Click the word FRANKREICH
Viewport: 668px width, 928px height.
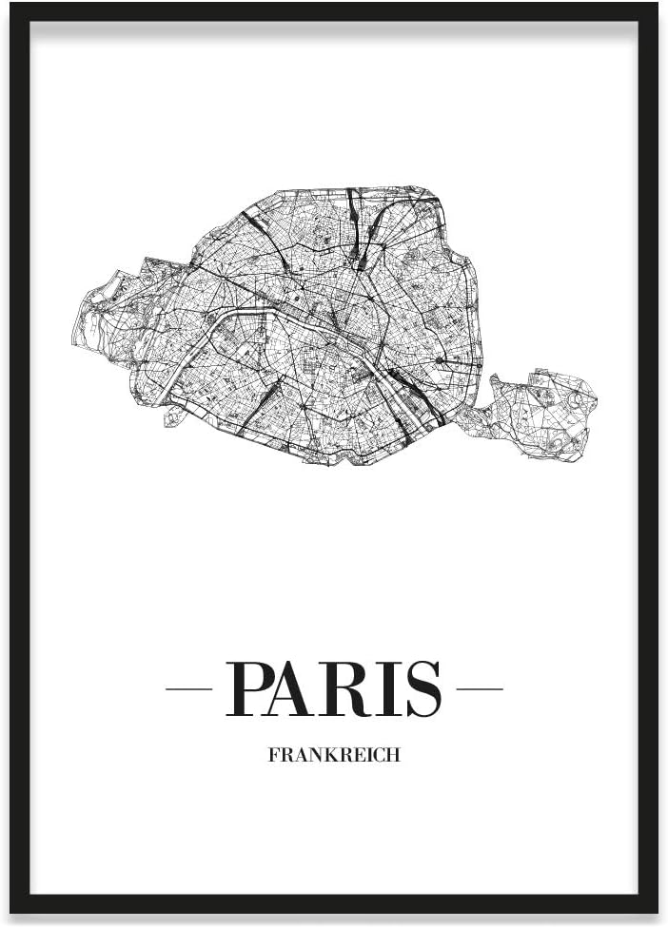click(x=334, y=757)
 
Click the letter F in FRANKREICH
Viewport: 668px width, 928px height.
click(x=274, y=757)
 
